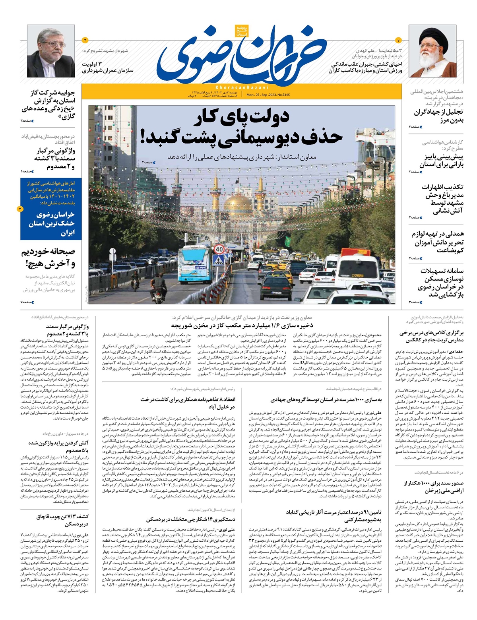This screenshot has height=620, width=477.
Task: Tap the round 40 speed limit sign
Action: point(219,249)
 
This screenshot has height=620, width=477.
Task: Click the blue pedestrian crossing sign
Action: point(218,260)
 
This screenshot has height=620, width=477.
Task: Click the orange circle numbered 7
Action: point(399,40)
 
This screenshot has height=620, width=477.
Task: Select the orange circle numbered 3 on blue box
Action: point(20,209)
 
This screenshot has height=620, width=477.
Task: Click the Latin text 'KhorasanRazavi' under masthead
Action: point(242,87)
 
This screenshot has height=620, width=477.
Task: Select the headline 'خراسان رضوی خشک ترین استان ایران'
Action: point(52,223)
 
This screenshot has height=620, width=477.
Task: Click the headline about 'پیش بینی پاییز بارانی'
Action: point(441,160)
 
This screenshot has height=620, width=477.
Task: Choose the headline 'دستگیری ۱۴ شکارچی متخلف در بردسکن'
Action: point(191,519)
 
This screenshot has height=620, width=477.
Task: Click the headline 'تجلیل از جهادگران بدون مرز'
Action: point(438,116)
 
